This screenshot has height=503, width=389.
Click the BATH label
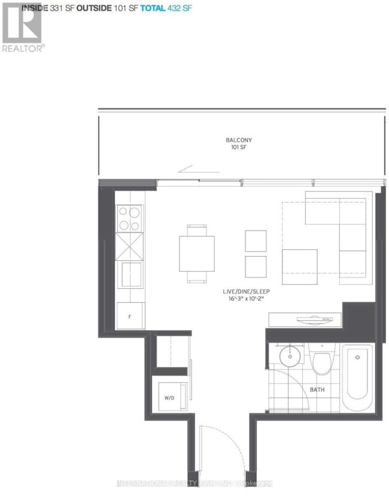(x=318, y=390)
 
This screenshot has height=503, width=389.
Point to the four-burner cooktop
(x=129, y=218)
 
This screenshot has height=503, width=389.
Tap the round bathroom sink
(x=288, y=357)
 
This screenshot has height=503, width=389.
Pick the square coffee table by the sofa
(x=300, y=267)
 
